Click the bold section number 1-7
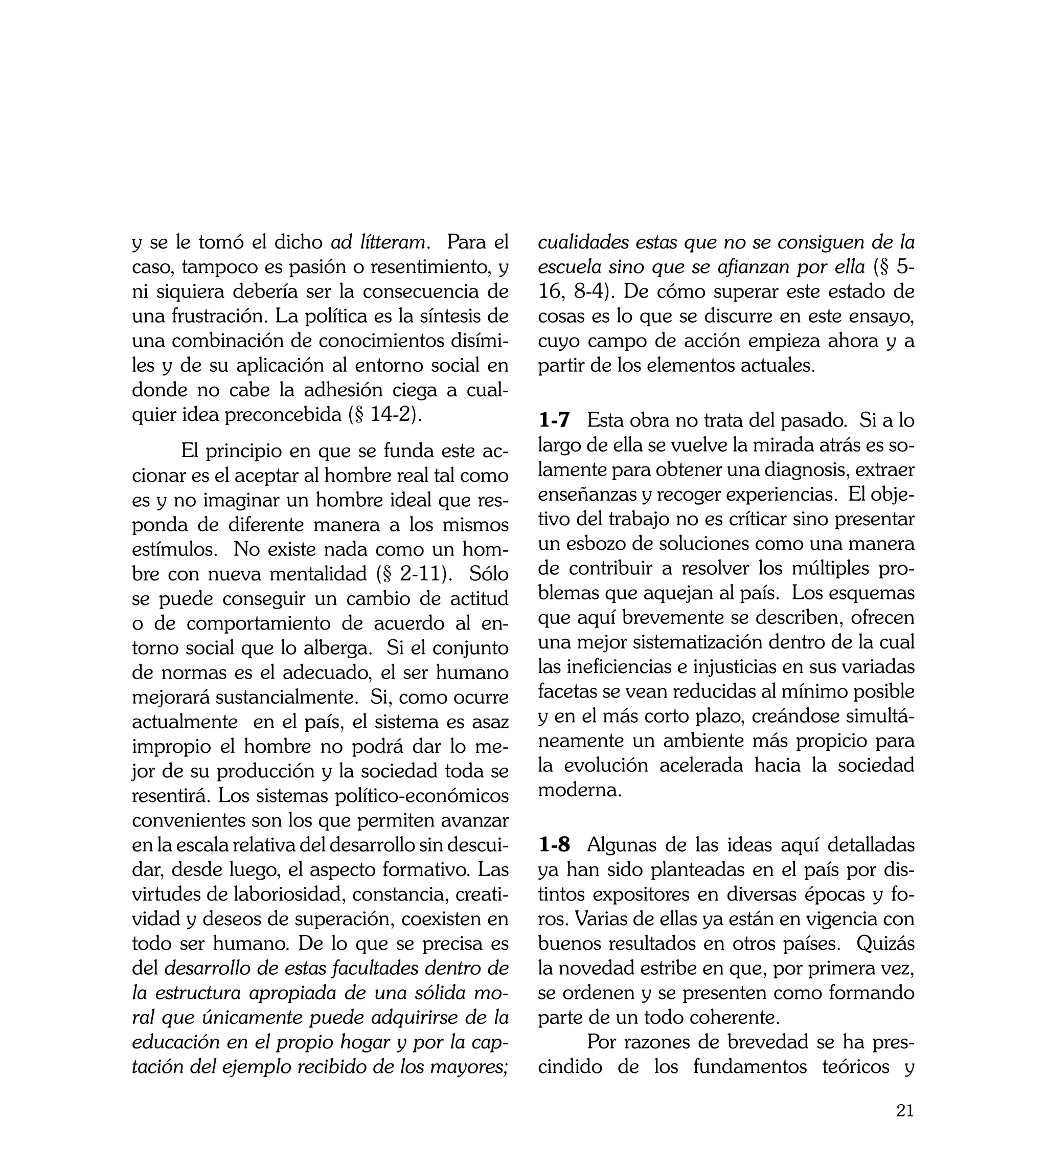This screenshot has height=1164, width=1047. pos(554,420)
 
